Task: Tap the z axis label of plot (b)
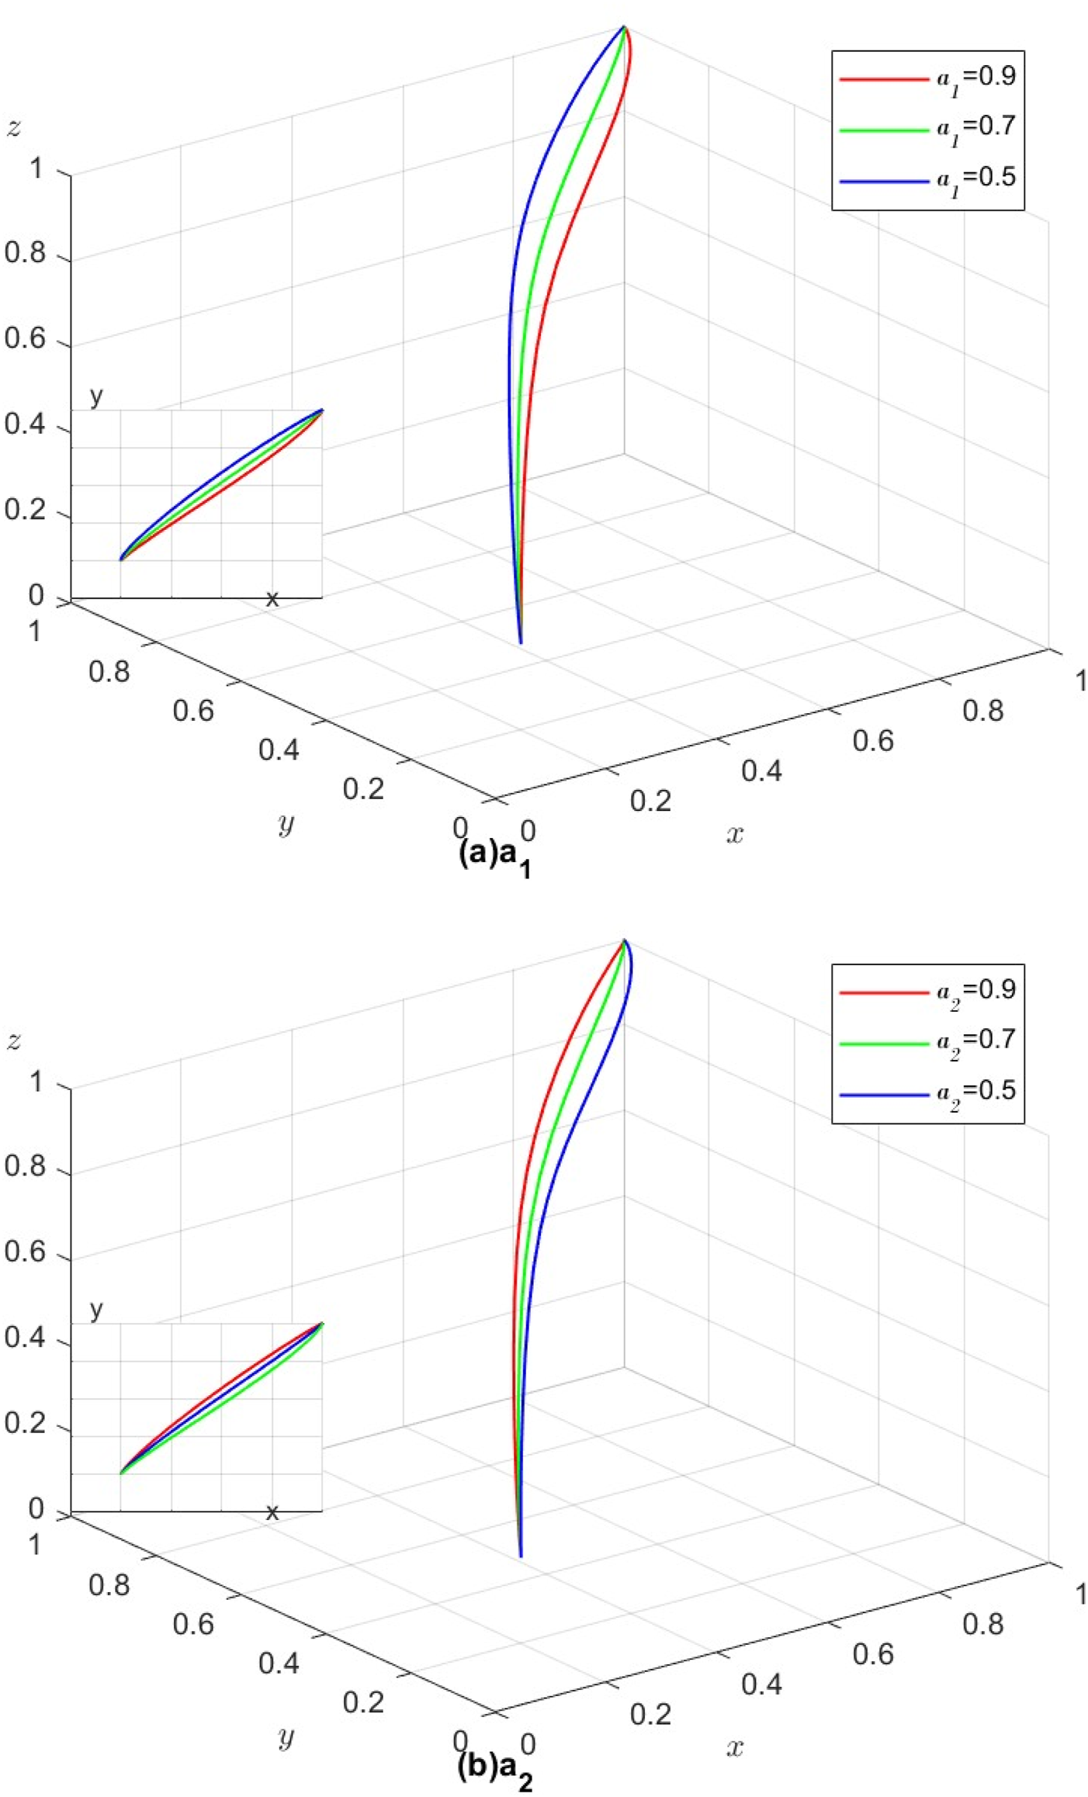(13, 1041)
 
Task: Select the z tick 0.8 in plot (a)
(25, 254)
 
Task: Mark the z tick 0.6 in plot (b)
(25, 1254)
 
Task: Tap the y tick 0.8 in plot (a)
(109, 672)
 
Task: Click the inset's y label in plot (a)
(96, 396)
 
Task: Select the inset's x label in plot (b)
(272, 1511)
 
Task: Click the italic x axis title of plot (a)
(734, 834)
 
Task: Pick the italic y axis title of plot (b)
(286, 1736)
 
